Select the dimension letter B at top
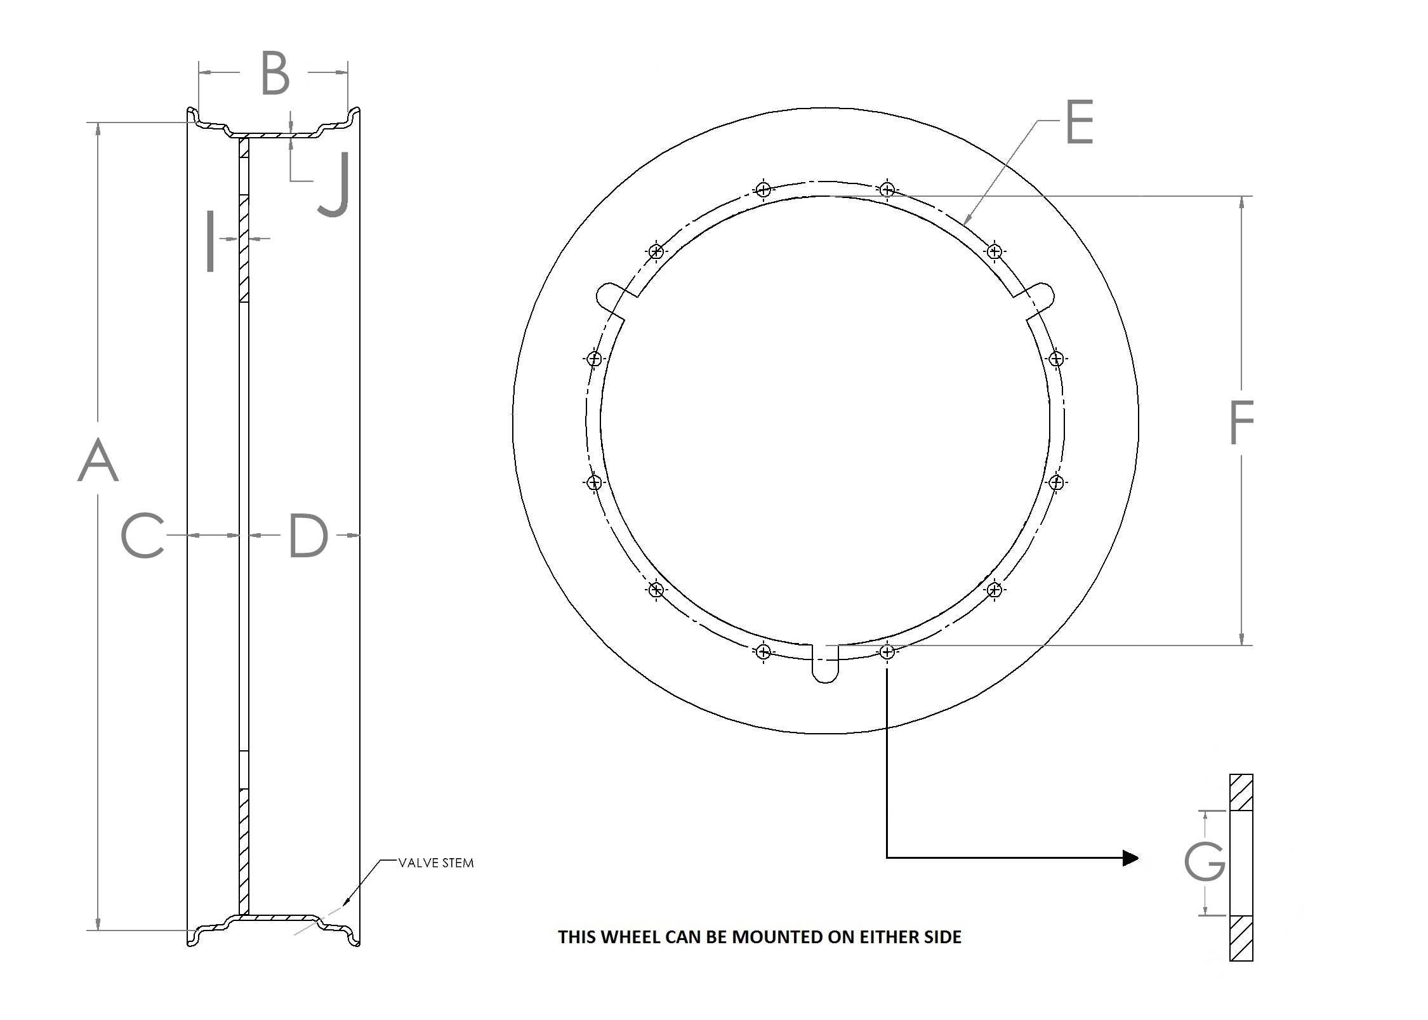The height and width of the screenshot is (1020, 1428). point(275,74)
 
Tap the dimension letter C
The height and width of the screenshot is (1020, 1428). point(143,536)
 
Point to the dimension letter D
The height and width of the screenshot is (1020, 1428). point(308,536)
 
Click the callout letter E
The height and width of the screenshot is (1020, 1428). point(1079,123)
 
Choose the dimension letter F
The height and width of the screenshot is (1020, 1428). point(1241,422)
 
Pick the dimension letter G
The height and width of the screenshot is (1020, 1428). point(1204,861)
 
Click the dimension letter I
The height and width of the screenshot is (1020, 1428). point(211,242)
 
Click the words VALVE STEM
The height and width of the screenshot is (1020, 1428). point(436,863)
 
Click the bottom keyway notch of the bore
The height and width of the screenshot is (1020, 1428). point(825,666)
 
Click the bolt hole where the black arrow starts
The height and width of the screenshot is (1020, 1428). point(887,651)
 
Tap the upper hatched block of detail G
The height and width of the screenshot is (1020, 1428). point(1241,792)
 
